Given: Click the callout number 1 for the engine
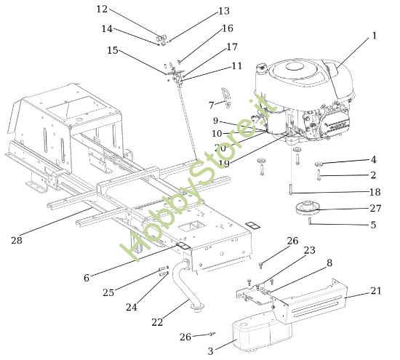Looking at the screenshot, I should pyautogui.click(x=374, y=36).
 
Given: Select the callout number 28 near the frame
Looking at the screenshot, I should pyautogui.click(x=17, y=239).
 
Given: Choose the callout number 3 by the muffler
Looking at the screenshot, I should pyautogui.click(x=211, y=351).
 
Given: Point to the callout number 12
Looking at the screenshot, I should pyautogui.click(x=102, y=9).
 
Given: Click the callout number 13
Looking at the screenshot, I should pyautogui.click(x=223, y=12).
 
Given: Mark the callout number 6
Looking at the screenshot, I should pyautogui.click(x=87, y=278).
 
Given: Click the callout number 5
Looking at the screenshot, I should pyautogui.click(x=373, y=225).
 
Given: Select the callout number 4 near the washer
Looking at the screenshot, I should pyautogui.click(x=373, y=159).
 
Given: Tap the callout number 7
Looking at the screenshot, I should pyautogui.click(x=212, y=105).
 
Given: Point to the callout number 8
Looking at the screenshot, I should pyautogui.click(x=329, y=263).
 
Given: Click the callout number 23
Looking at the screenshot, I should pyautogui.click(x=309, y=250).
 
